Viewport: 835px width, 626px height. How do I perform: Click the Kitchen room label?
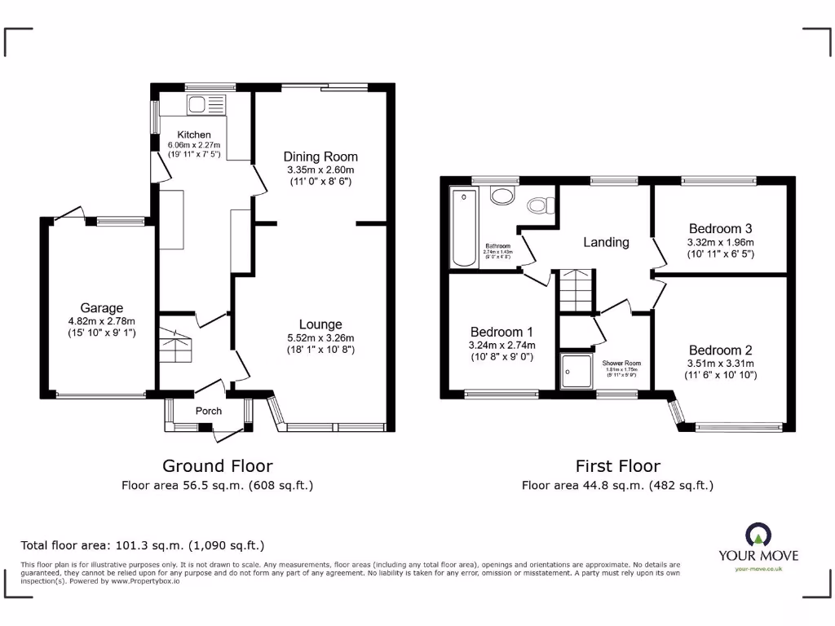pos(194,134)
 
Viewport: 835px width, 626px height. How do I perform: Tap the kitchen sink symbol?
pos(205,104)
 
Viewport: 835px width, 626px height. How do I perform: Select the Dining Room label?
pos(320,156)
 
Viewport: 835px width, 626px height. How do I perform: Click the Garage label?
pos(101,308)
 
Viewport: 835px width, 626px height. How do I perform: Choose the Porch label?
pos(209,411)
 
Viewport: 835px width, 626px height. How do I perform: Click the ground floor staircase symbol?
pos(177,346)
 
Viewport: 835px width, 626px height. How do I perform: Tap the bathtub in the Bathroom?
pos(464,227)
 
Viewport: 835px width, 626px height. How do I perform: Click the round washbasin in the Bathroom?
pos(502,196)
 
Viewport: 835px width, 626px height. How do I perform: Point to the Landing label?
pos(606,242)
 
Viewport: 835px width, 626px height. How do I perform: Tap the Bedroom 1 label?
pos(501,332)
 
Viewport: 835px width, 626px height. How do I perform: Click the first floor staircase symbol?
pos(577,290)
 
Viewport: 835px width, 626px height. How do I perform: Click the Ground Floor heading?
pos(217,465)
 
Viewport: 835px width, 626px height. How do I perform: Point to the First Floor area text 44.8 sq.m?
pos(617,485)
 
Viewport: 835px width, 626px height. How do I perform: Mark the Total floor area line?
pos(143,545)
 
